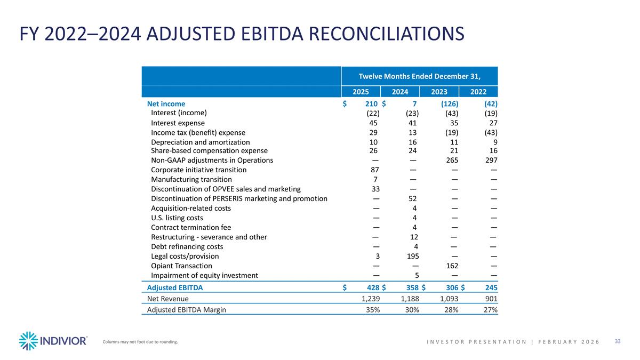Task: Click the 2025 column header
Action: (361, 91)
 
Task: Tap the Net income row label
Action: (166, 103)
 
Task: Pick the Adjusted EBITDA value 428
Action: (371, 287)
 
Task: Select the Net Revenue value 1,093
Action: (447, 299)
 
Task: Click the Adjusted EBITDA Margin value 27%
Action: (490, 310)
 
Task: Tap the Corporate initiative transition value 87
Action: (374, 170)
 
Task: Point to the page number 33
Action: (618, 341)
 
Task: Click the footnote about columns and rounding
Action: (140, 342)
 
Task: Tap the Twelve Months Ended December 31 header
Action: (419, 76)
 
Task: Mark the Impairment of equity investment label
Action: (205, 275)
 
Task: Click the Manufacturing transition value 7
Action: (376, 179)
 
